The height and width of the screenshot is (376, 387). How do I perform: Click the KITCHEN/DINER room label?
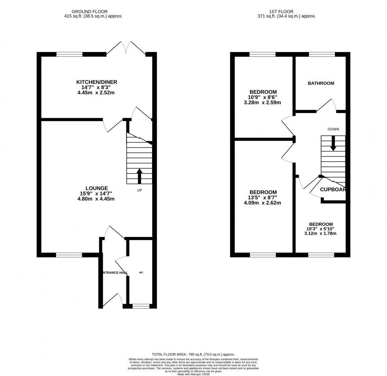coord(97,82)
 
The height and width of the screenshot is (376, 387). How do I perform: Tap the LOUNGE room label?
coord(96,188)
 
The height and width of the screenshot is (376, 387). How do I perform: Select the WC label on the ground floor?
coord(141,272)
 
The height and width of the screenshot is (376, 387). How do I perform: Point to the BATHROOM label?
coord(321,83)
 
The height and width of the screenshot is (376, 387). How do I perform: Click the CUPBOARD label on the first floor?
coord(333,190)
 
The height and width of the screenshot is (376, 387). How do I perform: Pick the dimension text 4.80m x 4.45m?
coord(96,199)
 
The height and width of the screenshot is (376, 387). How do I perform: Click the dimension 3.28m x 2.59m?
coord(263,103)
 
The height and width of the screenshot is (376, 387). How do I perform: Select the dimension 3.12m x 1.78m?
coord(321,233)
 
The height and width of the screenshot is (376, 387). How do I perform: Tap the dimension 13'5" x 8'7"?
coord(263,197)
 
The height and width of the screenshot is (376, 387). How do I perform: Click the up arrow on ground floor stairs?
coord(139,176)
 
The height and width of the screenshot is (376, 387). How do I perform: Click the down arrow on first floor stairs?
coord(333,143)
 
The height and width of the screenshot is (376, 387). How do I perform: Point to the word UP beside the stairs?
coord(139,190)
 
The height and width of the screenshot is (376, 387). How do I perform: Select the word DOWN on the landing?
coord(333,129)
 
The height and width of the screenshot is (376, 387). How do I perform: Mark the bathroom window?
coord(321,54)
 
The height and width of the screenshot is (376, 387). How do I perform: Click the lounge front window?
coord(69,255)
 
